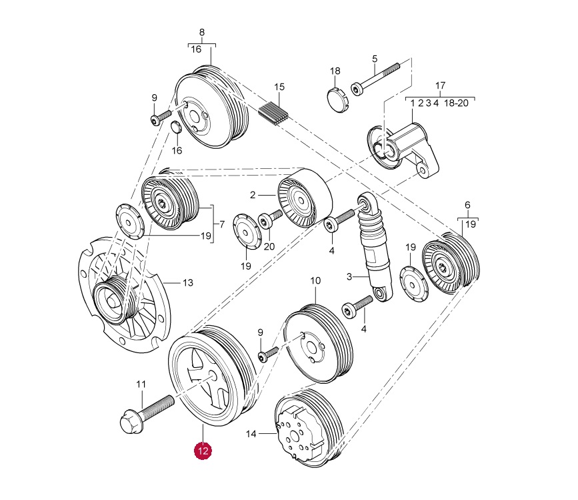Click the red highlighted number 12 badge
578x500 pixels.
[203, 451]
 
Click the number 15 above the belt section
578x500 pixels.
[279, 87]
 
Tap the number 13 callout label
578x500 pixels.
[188, 283]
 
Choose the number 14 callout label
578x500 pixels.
[251, 434]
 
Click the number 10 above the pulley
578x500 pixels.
[315, 281]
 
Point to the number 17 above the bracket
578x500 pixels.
[440, 86]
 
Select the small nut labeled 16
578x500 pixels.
[176, 128]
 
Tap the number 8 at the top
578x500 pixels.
[202, 32]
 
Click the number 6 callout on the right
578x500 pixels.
[467, 206]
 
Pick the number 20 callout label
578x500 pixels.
[269, 246]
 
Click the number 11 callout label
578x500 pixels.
[141, 384]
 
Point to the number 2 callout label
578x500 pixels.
[253, 195]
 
